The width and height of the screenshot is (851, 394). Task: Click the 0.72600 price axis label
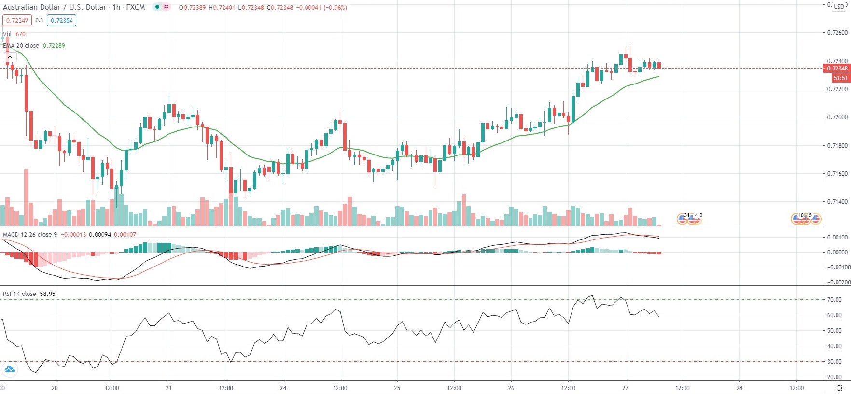(x=837, y=33)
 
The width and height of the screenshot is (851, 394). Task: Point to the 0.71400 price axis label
(x=837, y=202)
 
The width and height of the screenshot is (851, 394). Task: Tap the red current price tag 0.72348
(x=837, y=69)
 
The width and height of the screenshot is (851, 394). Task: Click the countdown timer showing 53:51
(x=840, y=78)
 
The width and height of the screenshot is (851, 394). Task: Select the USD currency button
(x=839, y=7)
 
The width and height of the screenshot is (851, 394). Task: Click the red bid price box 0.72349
(x=17, y=20)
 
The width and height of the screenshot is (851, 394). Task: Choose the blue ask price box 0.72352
(x=61, y=20)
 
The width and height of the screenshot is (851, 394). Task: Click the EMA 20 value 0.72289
(x=54, y=46)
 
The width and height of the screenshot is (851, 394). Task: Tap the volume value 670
(x=20, y=34)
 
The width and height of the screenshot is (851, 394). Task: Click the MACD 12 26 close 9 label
(x=29, y=235)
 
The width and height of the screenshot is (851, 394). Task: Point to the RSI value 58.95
(x=47, y=294)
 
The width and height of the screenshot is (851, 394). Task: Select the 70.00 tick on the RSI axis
(x=834, y=300)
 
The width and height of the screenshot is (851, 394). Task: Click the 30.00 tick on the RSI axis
(x=834, y=362)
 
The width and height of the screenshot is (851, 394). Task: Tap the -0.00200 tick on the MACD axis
(x=835, y=282)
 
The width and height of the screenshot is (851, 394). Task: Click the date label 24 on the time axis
(x=283, y=388)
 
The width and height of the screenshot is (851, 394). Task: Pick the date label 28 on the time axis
(x=739, y=388)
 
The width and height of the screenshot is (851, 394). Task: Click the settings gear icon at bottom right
(x=839, y=388)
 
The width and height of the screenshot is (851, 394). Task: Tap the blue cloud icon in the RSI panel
(x=10, y=370)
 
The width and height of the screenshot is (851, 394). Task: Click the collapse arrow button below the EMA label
(x=10, y=57)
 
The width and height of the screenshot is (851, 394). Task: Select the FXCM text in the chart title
(x=135, y=7)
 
